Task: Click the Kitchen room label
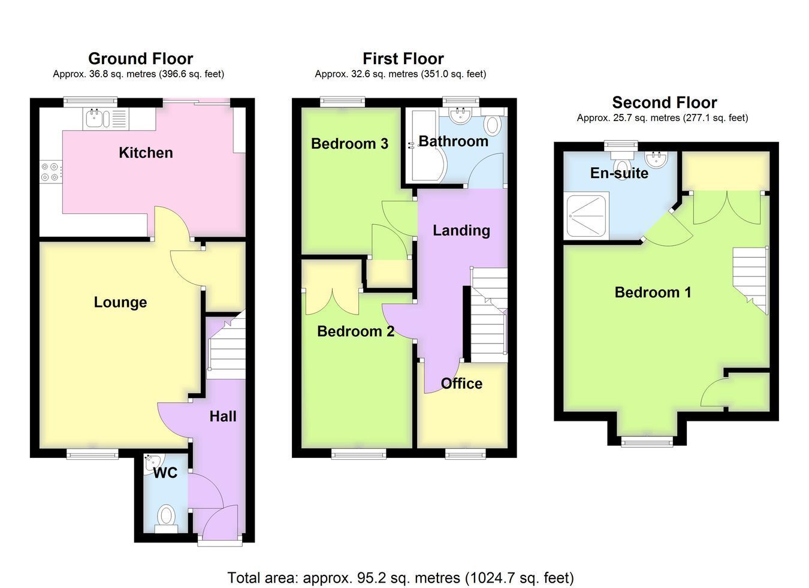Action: pos(146,153)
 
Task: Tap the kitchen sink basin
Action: pos(94,117)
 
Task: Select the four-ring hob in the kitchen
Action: pos(50,172)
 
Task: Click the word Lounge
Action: pos(120,302)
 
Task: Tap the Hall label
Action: pos(223,417)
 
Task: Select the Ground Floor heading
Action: pos(140,59)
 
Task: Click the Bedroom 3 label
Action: pos(349,144)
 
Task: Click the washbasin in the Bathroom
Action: pos(460,116)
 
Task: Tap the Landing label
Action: pos(461,230)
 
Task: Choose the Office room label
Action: pos(461,384)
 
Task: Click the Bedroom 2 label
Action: pos(355,331)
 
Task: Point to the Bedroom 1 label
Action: pos(653,292)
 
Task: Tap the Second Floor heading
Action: pos(665,102)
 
